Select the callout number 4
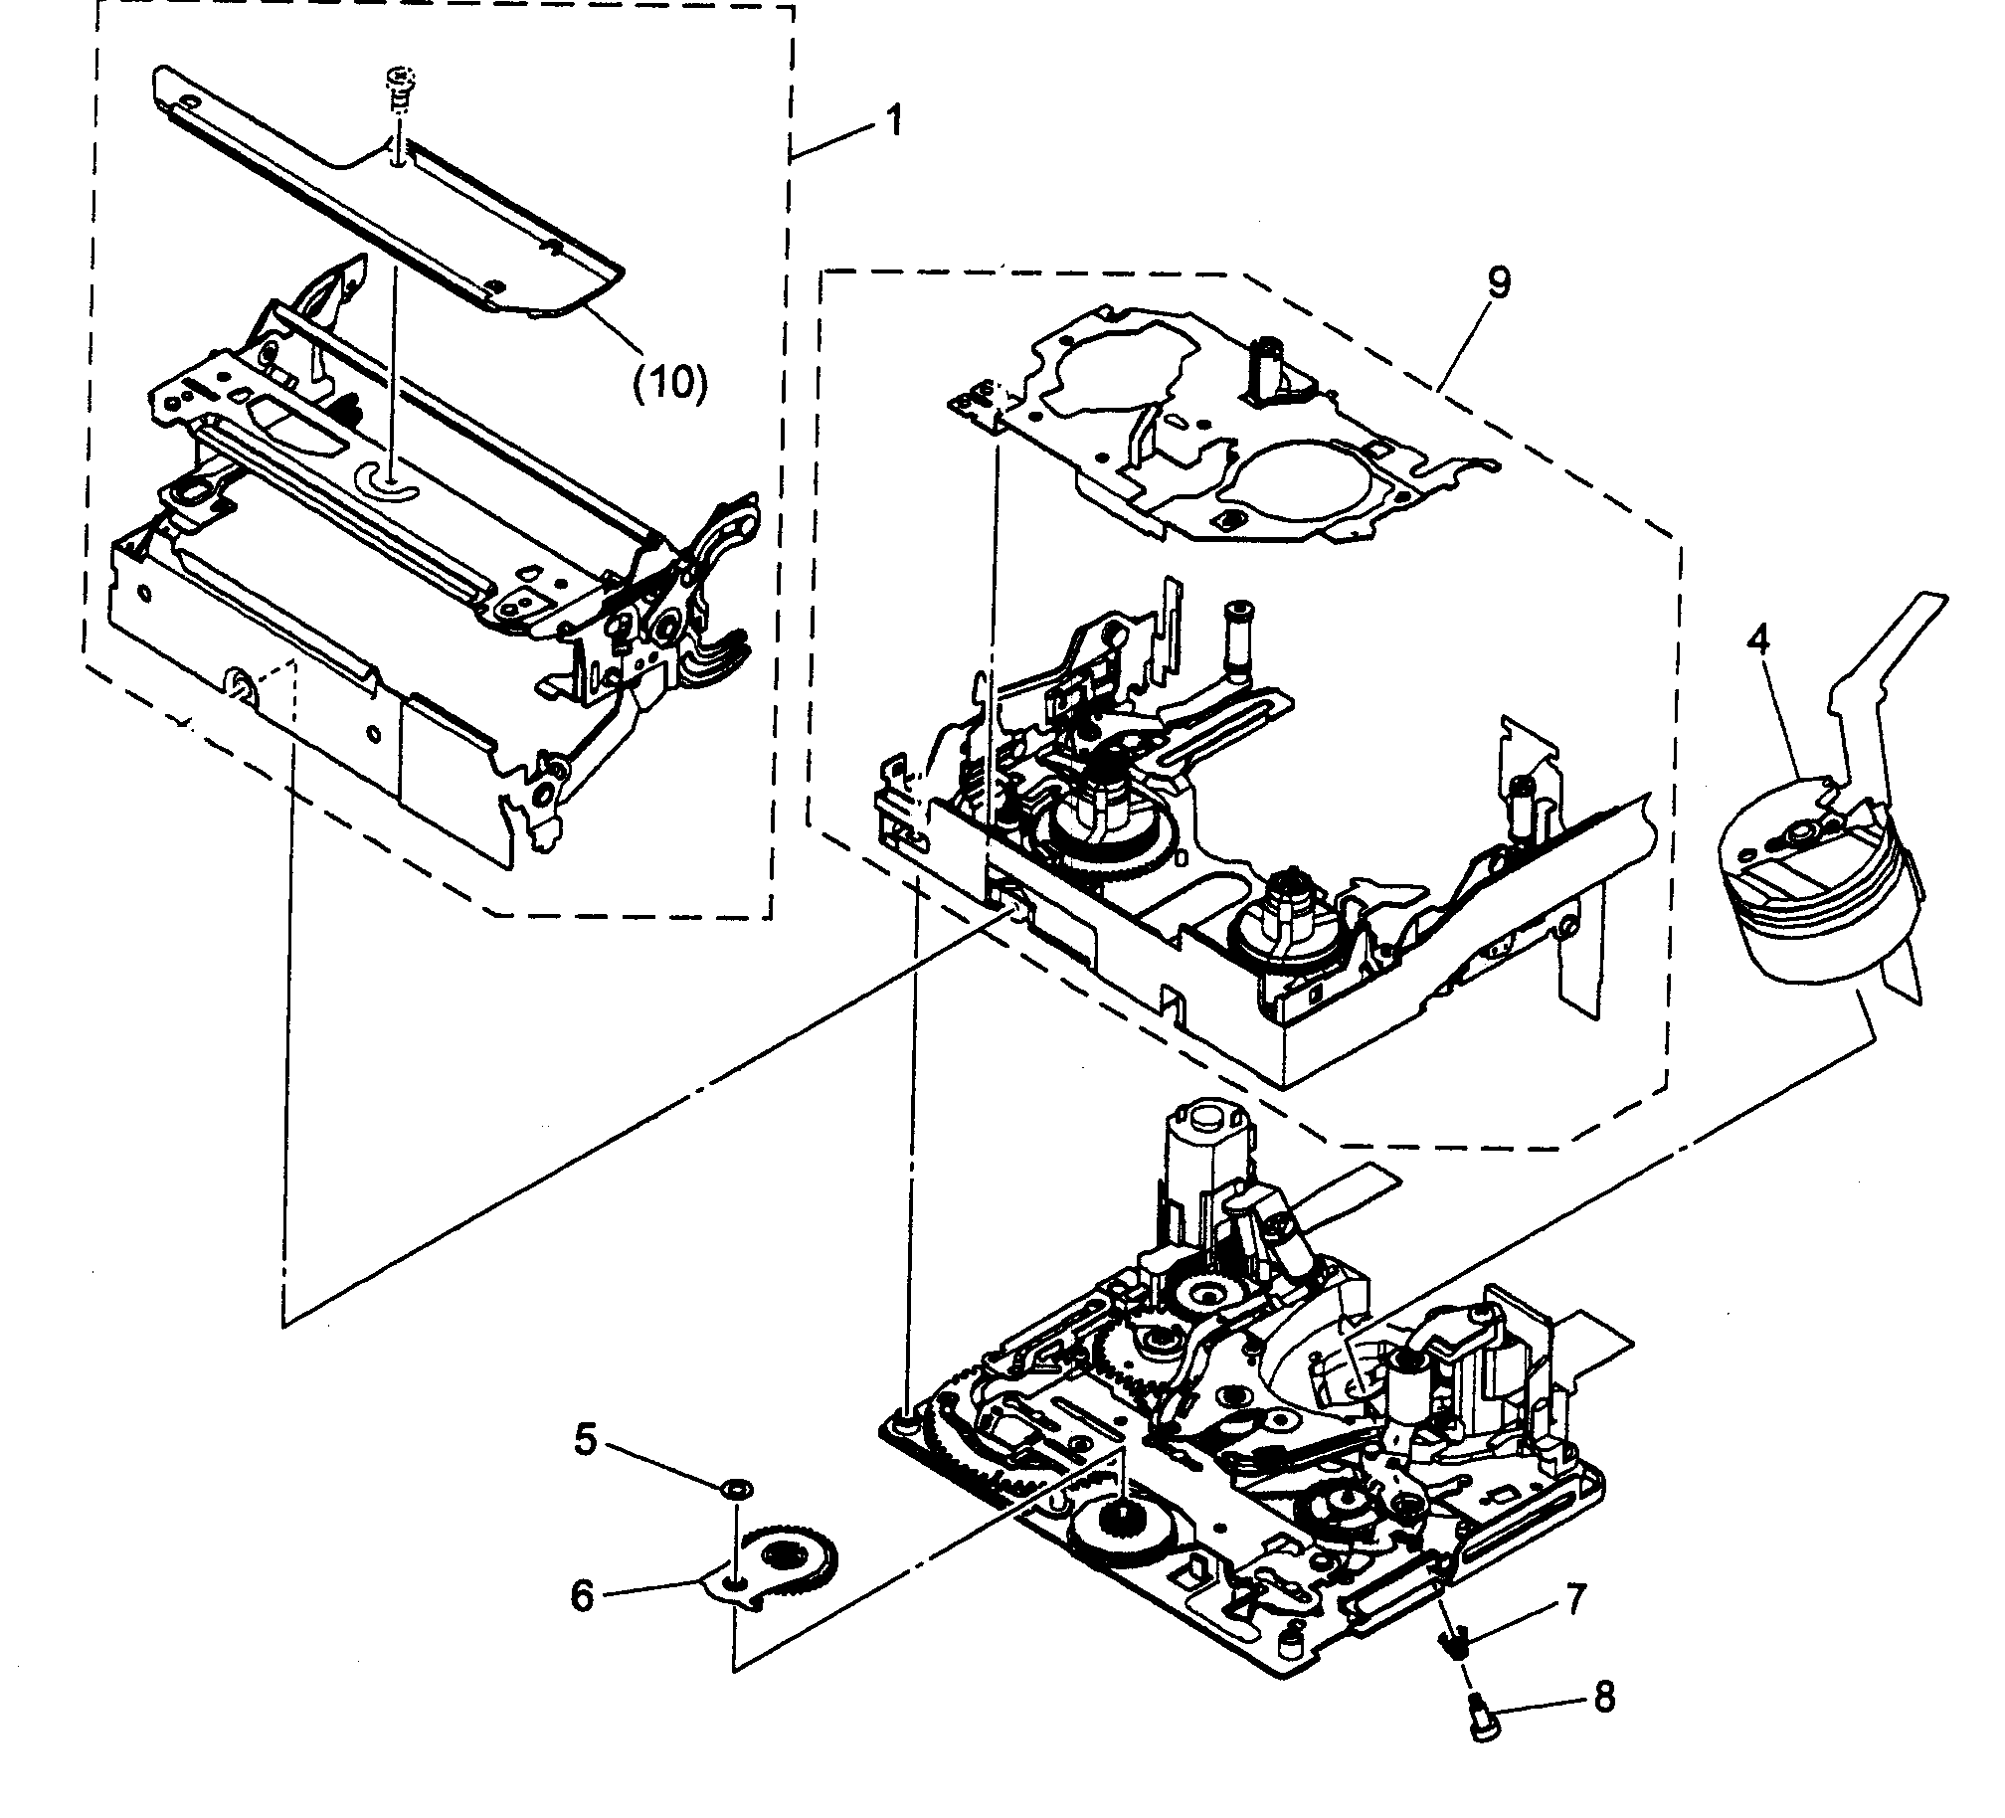[1758, 642]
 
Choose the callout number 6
[582, 1595]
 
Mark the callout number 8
[1603, 1697]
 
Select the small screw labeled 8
[1475, 1712]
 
